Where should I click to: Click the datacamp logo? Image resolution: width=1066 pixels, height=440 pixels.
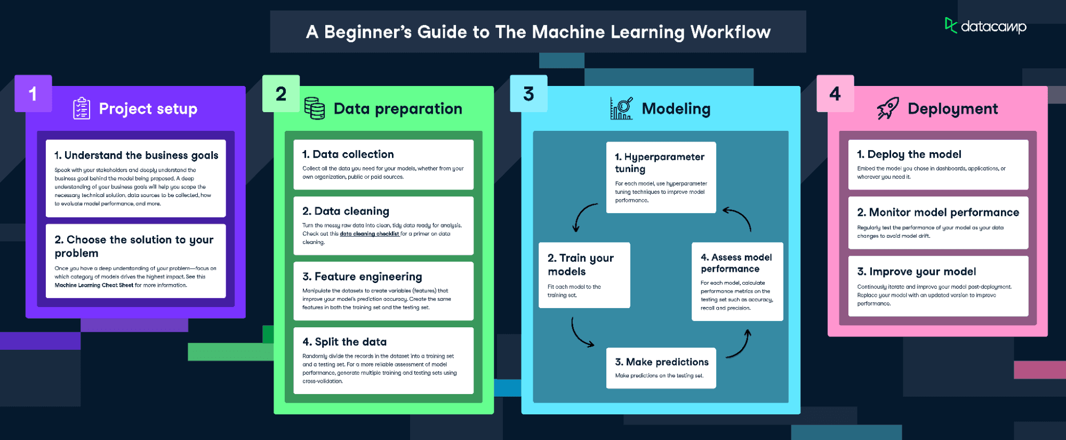tap(985, 26)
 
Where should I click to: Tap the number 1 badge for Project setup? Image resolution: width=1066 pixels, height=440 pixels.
tap(33, 94)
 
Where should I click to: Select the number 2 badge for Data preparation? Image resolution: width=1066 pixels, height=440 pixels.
tap(281, 94)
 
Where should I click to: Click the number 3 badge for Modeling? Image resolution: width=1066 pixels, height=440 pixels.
tap(528, 94)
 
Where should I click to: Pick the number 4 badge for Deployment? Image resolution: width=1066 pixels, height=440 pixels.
tap(835, 94)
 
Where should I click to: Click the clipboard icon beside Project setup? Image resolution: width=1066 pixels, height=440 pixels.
tap(82, 108)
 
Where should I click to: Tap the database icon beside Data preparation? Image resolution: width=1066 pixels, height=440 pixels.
tap(315, 108)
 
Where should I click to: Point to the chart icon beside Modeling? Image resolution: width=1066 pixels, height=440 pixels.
tap(622, 108)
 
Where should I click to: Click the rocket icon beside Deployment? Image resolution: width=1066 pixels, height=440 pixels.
tap(888, 108)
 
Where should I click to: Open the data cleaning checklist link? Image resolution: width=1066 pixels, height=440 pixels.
tap(369, 234)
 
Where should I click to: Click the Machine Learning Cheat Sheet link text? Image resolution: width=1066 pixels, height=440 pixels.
tap(94, 285)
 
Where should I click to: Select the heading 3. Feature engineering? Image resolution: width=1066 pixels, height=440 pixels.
tap(362, 277)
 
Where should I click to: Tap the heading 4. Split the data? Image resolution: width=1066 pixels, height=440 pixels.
tap(344, 342)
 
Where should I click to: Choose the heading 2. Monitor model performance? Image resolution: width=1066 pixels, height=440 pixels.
tap(938, 213)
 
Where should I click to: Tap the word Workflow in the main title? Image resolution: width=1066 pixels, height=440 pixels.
tap(730, 32)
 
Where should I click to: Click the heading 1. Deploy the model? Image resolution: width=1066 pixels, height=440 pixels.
tap(909, 154)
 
